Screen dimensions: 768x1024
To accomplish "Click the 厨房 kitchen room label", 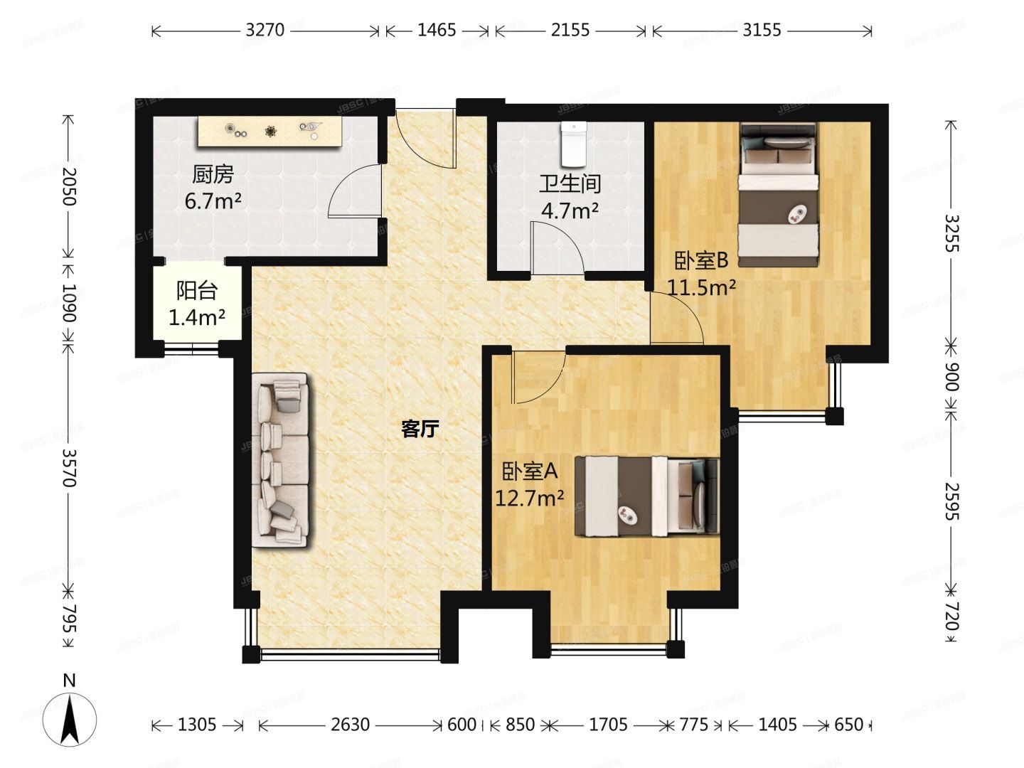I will [x=213, y=174].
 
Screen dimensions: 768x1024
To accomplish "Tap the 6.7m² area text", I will [x=213, y=201].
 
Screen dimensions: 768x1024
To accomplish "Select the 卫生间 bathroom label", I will [x=570, y=184].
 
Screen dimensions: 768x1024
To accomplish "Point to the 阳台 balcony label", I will [x=197, y=291].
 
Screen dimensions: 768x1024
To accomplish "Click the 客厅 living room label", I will [x=420, y=429].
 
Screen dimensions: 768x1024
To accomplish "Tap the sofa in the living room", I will [x=282, y=460].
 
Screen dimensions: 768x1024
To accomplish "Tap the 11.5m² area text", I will [x=701, y=287].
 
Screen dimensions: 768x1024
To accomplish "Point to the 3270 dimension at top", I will [x=265, y=30].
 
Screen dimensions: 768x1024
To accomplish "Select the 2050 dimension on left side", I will [x=68, y=186].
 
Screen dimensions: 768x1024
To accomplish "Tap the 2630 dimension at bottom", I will [x=350, y=725].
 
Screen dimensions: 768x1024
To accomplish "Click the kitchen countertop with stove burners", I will [x=270, y=131].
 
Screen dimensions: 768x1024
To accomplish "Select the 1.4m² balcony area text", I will [x=197, y=317].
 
